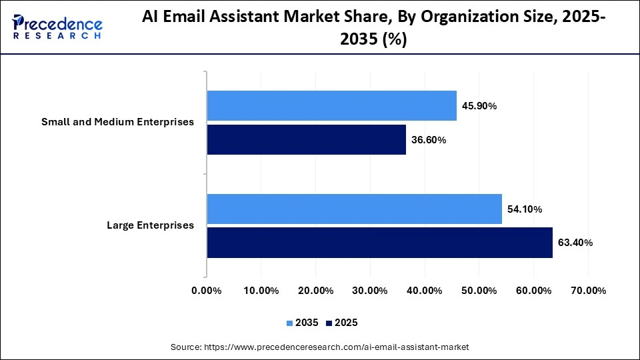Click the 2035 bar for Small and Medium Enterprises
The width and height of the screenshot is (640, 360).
(x=331, y=105)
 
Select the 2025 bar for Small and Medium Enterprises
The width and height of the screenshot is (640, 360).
(x=306, y=139)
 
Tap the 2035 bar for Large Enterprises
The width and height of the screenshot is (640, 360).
(x=354, y=209)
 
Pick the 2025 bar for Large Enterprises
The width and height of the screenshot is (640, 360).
(x=379, y=243)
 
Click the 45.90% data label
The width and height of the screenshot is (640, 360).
(x=479, y=106)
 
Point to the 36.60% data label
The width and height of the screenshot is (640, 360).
(x=428, y=140)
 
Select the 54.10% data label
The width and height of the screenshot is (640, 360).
(x=524, y=209)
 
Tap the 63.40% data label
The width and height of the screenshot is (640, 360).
(x=575, y=243)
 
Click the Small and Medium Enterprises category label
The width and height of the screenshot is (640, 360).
(x=117, y=122)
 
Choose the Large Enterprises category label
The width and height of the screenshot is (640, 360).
(x=150, y=225)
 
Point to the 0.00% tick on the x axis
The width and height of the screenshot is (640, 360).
(x=207, y=291)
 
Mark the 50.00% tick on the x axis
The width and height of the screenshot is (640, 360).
(x=479, y=291)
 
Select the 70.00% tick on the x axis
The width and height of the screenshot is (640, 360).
(x=588, y=291)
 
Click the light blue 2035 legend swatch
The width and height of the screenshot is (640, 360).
(x=290, y=323)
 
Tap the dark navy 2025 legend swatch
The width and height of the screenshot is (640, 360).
(x=329, y=323)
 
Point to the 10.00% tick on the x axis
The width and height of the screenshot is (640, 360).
(x=261, y=291)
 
